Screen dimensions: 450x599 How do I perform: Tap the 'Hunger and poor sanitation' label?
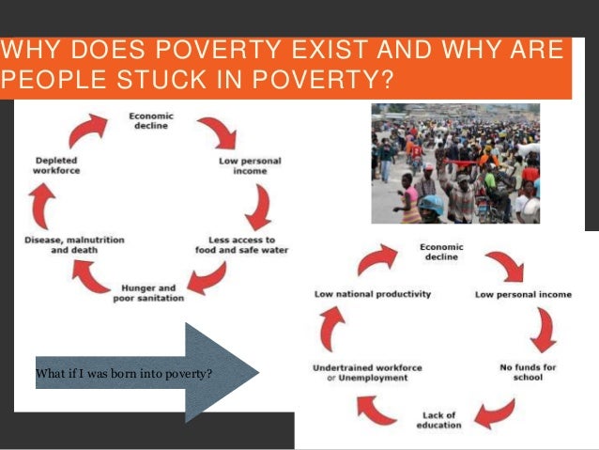pos(152,292)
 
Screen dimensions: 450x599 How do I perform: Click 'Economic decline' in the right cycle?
pos(439,252)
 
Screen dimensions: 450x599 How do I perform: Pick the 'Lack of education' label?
pos(438,419)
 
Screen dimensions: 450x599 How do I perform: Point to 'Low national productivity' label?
pos(372,294)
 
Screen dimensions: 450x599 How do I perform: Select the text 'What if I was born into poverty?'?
pos(123,375)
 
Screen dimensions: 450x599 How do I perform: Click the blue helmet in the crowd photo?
pos(431,204)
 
